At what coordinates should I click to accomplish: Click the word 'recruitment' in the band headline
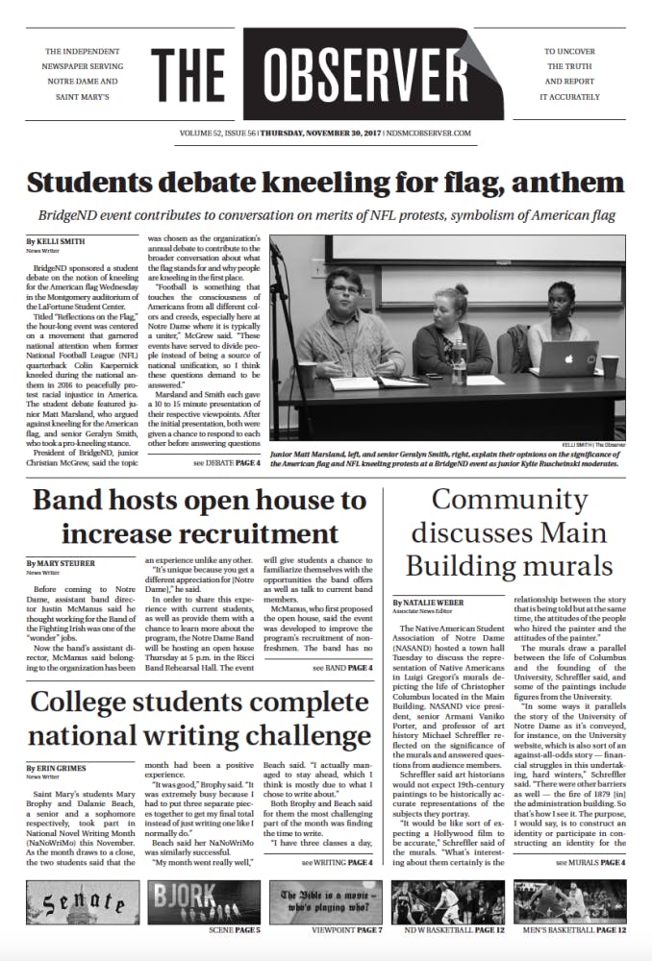point(263,532)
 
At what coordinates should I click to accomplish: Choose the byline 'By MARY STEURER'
point(61,562)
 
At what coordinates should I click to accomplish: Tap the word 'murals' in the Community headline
point(564,563)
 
